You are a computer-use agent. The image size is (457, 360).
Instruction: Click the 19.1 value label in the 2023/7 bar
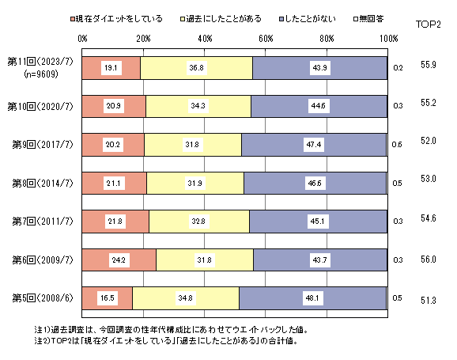[x=111, y=68]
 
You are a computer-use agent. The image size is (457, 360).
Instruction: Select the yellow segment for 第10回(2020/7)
[x=198, y=106]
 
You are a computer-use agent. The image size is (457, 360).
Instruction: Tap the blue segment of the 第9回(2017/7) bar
[x=314, y=145]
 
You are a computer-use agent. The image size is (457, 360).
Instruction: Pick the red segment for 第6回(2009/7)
[x=119, y=260]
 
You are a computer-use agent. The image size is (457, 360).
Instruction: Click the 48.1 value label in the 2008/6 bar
[x=312, y=298]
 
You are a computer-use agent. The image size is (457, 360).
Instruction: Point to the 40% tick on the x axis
[x=205, y=39]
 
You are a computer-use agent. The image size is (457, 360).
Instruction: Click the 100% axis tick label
[x=389, y=39]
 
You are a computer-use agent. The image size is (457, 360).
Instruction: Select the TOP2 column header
[x=429, y=25]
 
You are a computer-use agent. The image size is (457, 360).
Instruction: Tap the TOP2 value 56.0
[x=429, y=260]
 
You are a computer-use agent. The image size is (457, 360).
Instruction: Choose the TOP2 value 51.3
[x=429, y=300]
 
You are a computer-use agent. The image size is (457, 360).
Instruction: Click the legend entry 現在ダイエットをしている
[x=116, y=19]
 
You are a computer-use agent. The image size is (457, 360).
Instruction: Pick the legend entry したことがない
[x=308, y=19]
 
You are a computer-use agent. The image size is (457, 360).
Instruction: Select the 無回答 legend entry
[x=368, y=19]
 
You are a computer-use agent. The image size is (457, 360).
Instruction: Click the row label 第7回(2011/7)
[x=43, y=222]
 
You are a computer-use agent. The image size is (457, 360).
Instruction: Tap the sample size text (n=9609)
[x=41, y=74]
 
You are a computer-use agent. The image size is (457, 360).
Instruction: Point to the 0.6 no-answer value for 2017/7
[x=397, y=145]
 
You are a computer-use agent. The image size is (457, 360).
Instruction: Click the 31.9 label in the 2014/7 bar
[x=195, y=184]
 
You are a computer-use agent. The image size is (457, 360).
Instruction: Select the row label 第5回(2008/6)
[x=43, y=298]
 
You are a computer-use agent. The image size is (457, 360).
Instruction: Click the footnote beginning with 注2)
[x=166, y=341]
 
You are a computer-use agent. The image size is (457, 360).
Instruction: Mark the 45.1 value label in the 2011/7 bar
[x=317, y=222]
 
